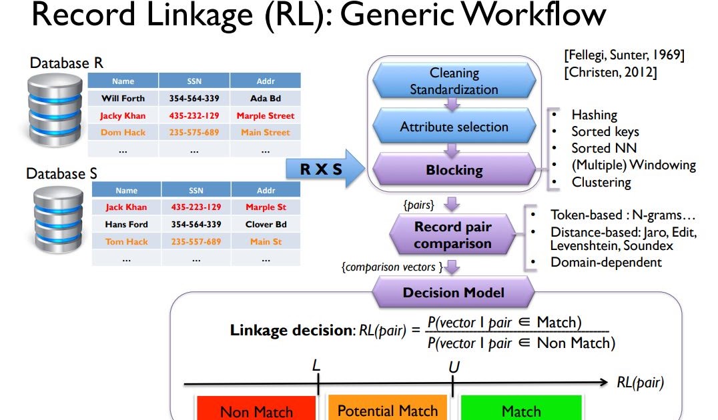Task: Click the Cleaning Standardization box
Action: (x=454, y=81)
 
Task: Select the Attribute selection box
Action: (x=454, y=127)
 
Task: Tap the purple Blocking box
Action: (x=454, y=170)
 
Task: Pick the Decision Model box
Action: (x=453, y=293)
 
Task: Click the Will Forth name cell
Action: (x=123, y=99)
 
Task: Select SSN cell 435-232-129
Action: (x=194, y=115)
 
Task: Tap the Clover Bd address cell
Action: (x=266, y=225)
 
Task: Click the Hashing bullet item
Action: (x=594, y=115)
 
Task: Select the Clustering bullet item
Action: (x=601, y=181)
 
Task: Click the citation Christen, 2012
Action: (x=611, y=73)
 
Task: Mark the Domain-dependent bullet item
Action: (x=605, y=262)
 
